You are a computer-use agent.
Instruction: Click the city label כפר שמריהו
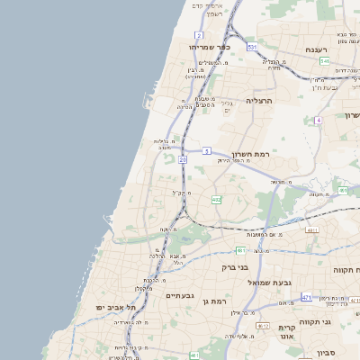[211, 46]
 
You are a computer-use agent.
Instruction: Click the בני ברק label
[235, 266]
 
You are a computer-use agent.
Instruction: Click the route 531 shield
[253, 46]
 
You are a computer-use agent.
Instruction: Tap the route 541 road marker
[324, 60]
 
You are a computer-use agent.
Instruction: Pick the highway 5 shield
[206, 150]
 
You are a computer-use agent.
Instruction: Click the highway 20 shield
[182, 159]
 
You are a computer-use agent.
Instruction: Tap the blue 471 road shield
[307, 297]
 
